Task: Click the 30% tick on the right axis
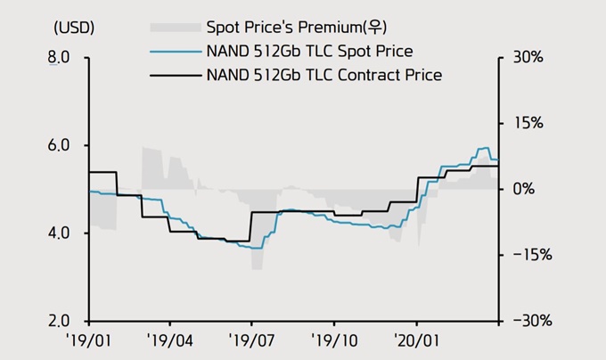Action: tap(525, 59)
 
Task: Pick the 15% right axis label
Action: tap(525, 123)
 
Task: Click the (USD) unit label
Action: tap(74, 28)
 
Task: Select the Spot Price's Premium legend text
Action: tap(290, 28)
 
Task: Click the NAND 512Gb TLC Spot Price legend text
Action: tap(308, 52)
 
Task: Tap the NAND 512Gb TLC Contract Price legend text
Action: tap(323, 75)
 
